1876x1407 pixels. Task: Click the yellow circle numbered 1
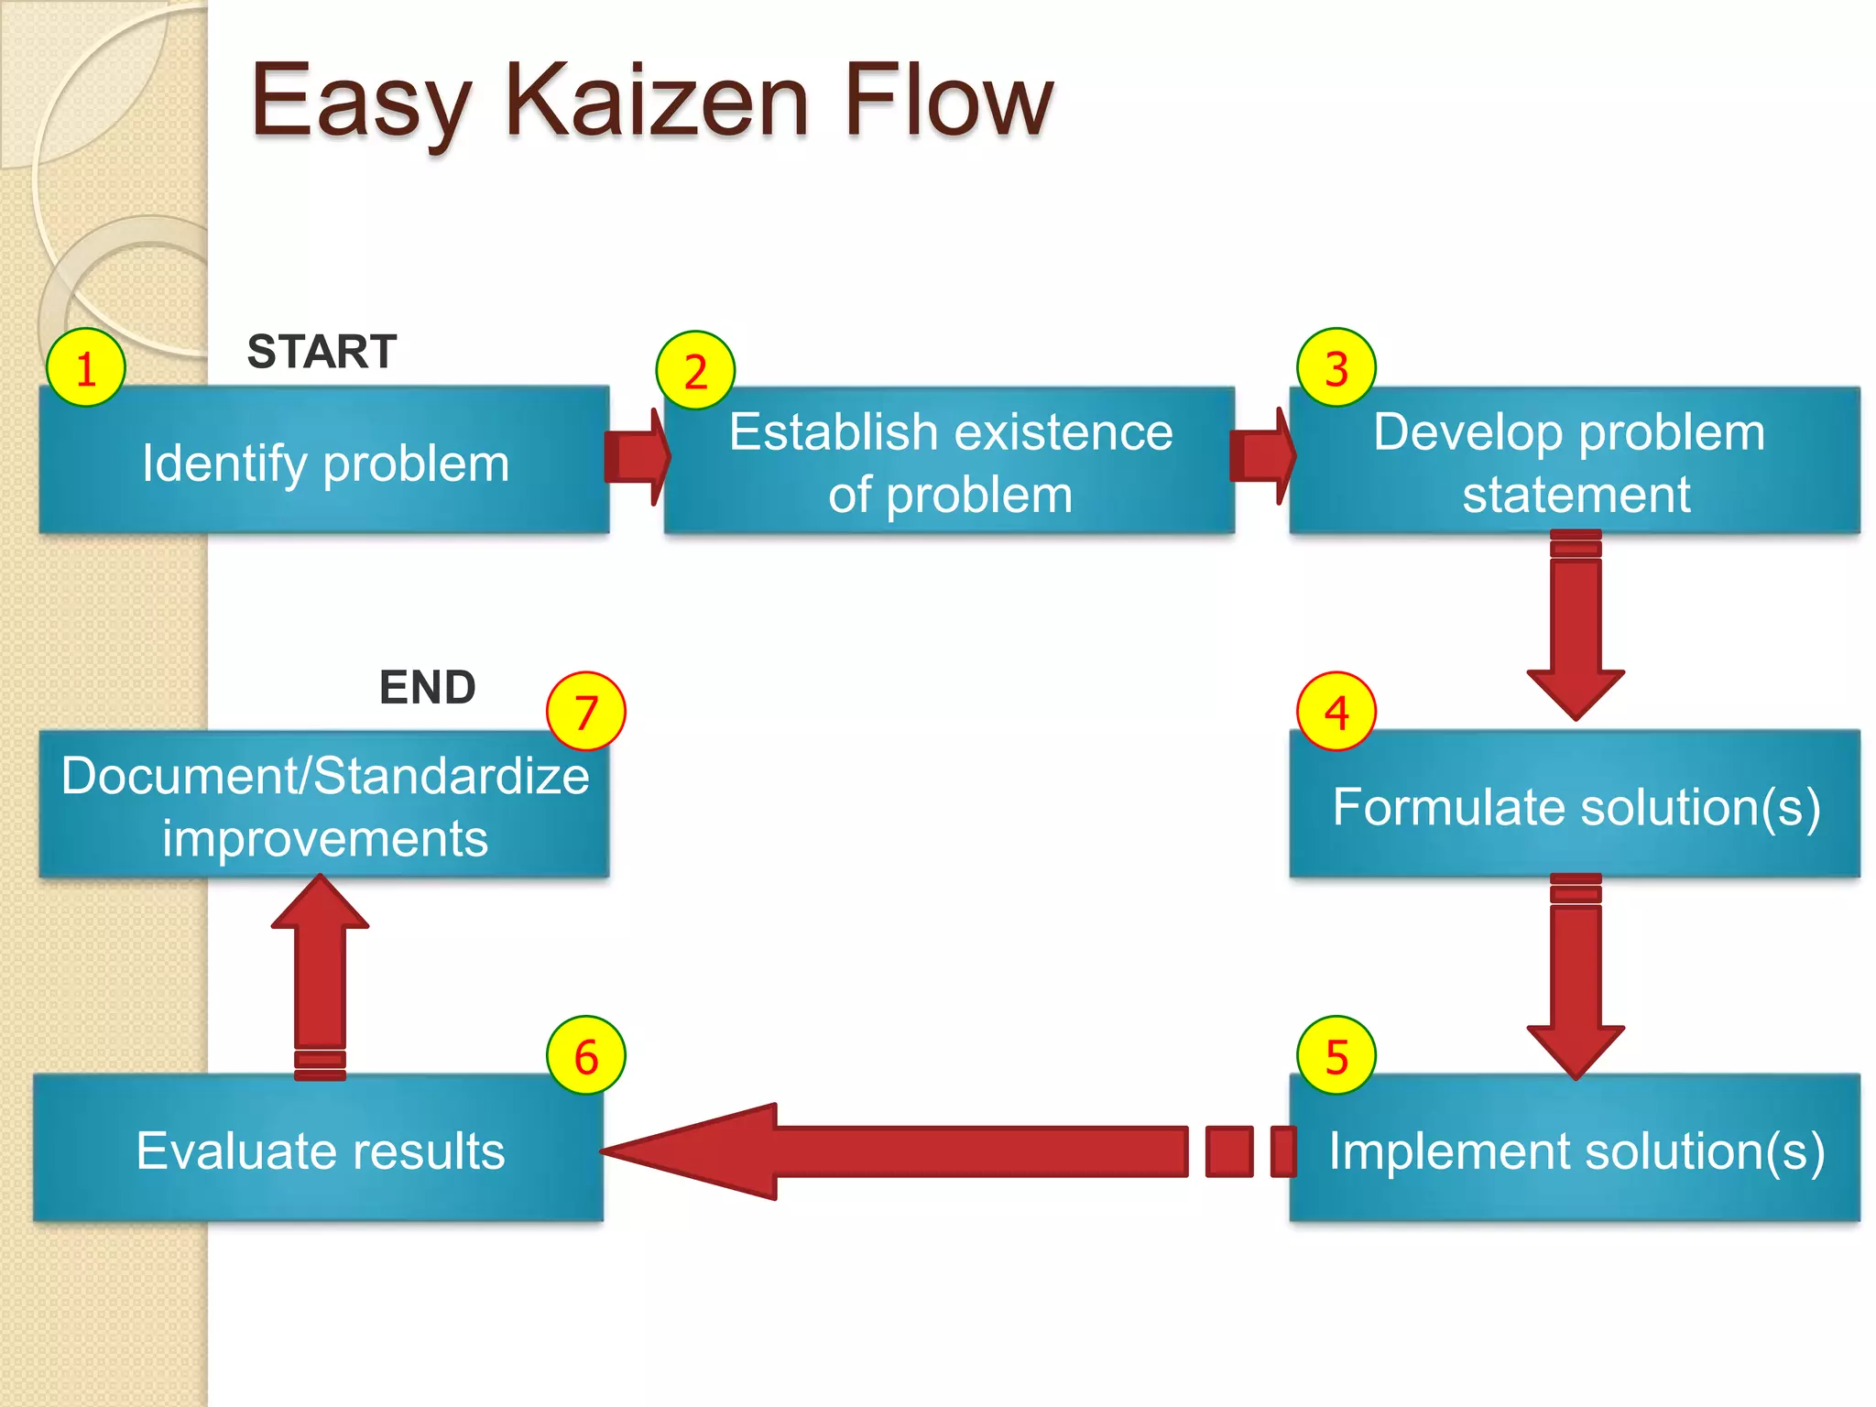[x=85, y=368]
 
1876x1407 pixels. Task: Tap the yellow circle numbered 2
[x=695, y=371]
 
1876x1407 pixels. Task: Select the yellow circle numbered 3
[x=1336, y=368]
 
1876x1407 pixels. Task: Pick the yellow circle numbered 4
[x=1336, y=712]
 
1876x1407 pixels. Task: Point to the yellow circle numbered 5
[x=1336, y=1056]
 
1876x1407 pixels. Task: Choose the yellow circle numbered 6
[x=586, y=1056]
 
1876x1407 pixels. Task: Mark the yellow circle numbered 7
[x=586, y=712]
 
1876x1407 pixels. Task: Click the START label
[x=322, y=352]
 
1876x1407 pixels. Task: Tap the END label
[x=427, y=687]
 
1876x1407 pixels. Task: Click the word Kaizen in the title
[x=656, y=101]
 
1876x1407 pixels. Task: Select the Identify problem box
[x=324, y=461]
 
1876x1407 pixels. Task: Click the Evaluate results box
[x=319, y=1150]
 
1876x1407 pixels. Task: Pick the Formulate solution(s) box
[x=1575, y=806]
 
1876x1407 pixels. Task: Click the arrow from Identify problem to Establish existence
[x=638, y=456]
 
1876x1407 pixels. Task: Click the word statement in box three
[x=1576, y=495]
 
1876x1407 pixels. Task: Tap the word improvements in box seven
[x=325, y=839]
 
